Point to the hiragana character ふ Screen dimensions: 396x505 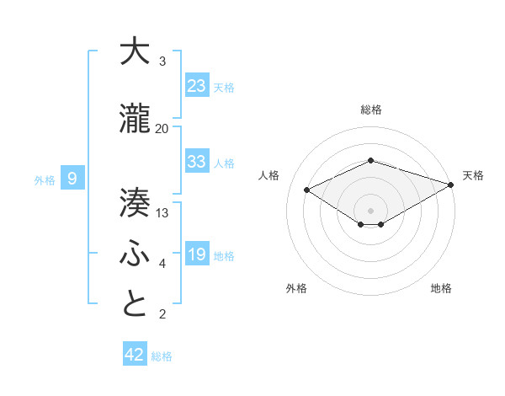tap(136, 254)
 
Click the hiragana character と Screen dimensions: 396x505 tap(136, 304)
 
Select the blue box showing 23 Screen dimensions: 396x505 tap(197, 85)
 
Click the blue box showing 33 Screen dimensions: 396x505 tap(197, 161)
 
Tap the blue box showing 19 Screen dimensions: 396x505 tap(197, 254)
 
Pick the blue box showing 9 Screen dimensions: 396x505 tap(72, 178)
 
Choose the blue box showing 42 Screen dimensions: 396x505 tap(135, 355)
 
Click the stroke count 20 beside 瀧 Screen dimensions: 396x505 tap(162, 128)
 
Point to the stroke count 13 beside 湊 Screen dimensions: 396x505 tap(162, 212)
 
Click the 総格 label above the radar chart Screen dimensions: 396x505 tap(371, 110)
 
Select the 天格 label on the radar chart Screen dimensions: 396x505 tap(473, 175)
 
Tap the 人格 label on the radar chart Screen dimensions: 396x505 tap(269, 175)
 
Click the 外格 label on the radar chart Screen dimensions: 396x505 tap(296, 288)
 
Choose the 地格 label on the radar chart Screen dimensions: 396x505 tap(441, 288)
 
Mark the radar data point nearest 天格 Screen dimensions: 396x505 tap(451, 184)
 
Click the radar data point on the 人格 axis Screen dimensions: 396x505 tap(307, 189)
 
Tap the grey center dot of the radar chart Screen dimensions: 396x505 tap(371, 209)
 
